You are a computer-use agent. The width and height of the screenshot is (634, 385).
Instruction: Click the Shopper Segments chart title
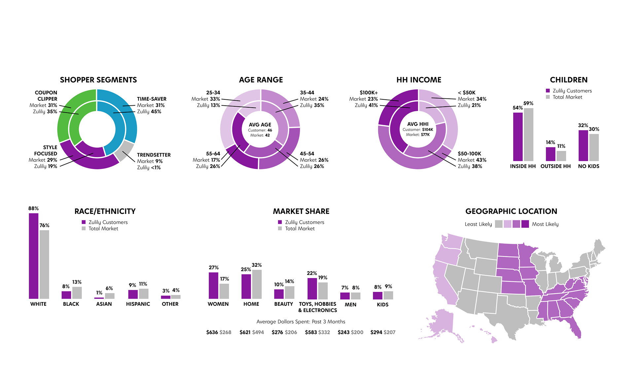pos(98,80)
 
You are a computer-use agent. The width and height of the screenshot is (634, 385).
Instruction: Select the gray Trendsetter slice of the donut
pos(124,150)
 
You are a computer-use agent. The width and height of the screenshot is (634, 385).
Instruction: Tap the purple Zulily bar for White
pos(34,256)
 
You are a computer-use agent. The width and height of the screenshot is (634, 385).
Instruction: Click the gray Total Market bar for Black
pos(77,293)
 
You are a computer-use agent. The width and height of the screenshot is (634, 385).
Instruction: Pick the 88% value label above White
pos(33,208)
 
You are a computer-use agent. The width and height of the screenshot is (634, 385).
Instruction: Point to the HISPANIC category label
pos(138,304)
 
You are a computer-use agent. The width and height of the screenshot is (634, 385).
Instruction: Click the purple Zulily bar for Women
pos(213,286)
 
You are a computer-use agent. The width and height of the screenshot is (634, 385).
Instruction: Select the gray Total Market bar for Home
pos(257,284)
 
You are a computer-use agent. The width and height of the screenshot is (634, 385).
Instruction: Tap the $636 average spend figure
pos(212,332)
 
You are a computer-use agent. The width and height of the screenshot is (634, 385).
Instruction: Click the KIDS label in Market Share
pos(383,305)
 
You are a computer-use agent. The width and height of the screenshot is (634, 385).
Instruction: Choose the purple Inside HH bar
pos(518,137)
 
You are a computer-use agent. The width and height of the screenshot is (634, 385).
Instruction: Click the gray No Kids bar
pos(594,147)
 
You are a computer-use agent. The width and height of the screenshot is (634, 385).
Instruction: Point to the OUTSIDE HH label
pos(555,166)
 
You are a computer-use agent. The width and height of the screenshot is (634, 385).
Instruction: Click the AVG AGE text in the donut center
pos(260,124)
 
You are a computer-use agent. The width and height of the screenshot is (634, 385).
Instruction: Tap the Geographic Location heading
pos(511,211)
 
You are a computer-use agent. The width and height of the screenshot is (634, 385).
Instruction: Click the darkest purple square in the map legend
pos(525,224)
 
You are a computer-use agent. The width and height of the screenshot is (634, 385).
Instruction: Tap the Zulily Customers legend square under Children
pos(548,90)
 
